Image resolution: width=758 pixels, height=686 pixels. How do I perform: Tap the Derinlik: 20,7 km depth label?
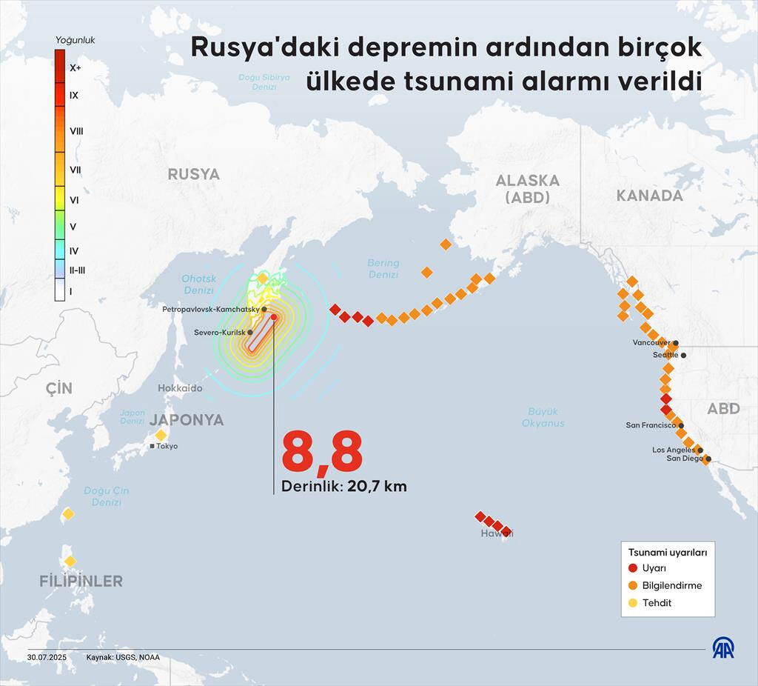coord(343,487)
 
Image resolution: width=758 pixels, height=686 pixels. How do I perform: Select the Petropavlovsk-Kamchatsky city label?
coord(210,309)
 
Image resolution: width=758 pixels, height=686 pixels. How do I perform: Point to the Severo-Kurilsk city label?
coord(219,333)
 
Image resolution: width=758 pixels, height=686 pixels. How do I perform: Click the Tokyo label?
coord(167,446)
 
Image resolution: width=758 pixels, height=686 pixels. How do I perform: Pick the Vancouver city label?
coord(651,343)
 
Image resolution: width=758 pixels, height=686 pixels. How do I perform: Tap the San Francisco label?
coord(651,425)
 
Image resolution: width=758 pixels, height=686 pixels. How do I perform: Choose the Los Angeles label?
coord(673,450)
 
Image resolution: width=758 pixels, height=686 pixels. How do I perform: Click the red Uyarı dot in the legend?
coord(632,568)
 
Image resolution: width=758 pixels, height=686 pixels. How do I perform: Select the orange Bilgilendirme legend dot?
coord(632,585)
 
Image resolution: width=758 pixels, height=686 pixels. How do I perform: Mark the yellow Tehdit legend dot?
coord(632,603)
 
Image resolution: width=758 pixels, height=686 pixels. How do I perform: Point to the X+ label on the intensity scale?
coord(75,67)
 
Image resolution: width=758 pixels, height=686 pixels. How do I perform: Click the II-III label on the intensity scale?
coord(77,270)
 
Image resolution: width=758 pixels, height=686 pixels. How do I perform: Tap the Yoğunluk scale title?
coord(76,40)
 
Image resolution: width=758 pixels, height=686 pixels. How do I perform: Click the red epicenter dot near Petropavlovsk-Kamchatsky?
coord(274,317)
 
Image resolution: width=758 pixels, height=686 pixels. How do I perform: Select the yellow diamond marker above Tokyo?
coord(161,435)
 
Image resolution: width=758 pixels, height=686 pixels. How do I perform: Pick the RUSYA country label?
coord(194,174)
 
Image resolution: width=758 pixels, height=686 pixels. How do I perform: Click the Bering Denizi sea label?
coord(383,268)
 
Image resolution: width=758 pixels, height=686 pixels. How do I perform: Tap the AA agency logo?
coord(723,647)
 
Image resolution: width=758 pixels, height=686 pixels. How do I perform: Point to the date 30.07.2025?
coord(47,657)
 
